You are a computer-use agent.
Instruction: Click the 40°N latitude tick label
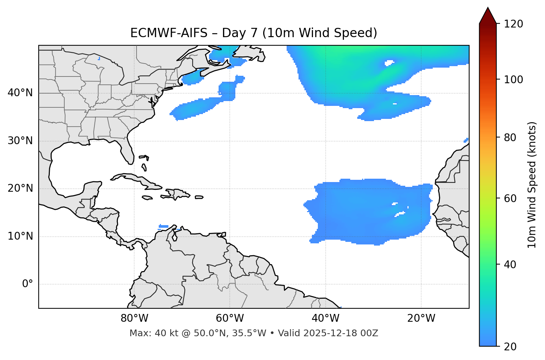[x=20, y=93]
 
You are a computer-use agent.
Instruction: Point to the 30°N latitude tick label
[x=20, y=141]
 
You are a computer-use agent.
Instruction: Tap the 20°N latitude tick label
[x=20, y=188]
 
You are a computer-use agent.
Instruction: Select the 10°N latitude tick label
[x=20, y=236]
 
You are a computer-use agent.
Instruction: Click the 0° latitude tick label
[x=28, y=284]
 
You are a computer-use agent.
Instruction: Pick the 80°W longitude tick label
[x=134, y=318]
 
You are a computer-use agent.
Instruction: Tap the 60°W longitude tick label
[x=230, y=318]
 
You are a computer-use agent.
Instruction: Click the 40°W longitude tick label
[x=326, y=318]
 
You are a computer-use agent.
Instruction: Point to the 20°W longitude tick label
[x=421, y=318]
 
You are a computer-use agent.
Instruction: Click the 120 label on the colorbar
[x=513, y=24]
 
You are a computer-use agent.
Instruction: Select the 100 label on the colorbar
[x=513, y=80]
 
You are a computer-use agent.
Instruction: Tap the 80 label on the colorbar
[x=511, y=137]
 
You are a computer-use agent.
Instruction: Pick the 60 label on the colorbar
[x=511, y=198]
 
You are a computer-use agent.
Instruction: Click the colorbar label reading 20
[x=511, y=347]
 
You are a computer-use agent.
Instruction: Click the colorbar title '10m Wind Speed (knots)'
[x=532, y=185]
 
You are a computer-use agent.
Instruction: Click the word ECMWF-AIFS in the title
[x=169, y=33]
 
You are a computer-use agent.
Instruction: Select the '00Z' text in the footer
[x=369, y=333]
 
